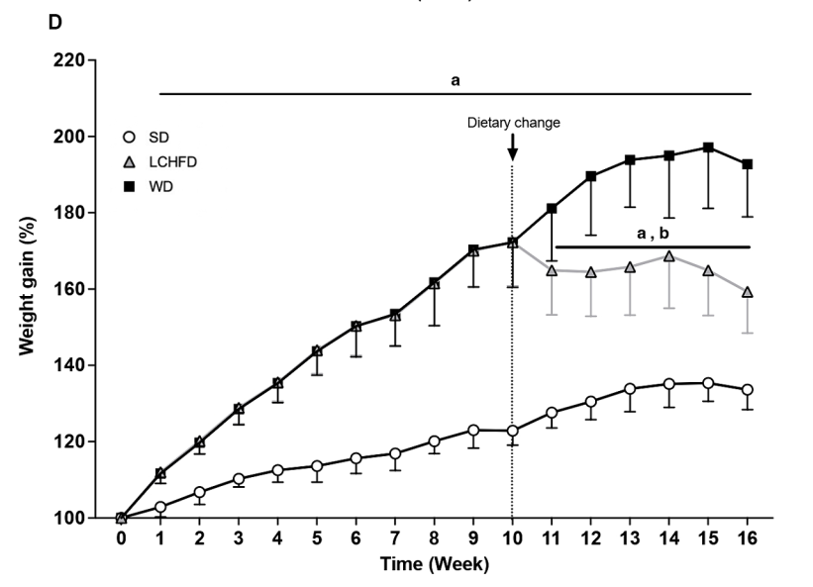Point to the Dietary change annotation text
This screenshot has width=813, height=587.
point(514,123)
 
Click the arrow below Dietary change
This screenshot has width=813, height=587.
point(512,147)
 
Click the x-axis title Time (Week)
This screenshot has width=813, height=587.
point(434,565)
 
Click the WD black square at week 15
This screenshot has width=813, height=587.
point(708,147)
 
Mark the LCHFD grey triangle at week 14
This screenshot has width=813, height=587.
point(669,255)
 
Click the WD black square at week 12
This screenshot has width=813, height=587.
point(591,176)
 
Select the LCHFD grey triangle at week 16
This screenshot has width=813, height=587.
point(748,292)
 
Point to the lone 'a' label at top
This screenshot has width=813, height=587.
point(456,81)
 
